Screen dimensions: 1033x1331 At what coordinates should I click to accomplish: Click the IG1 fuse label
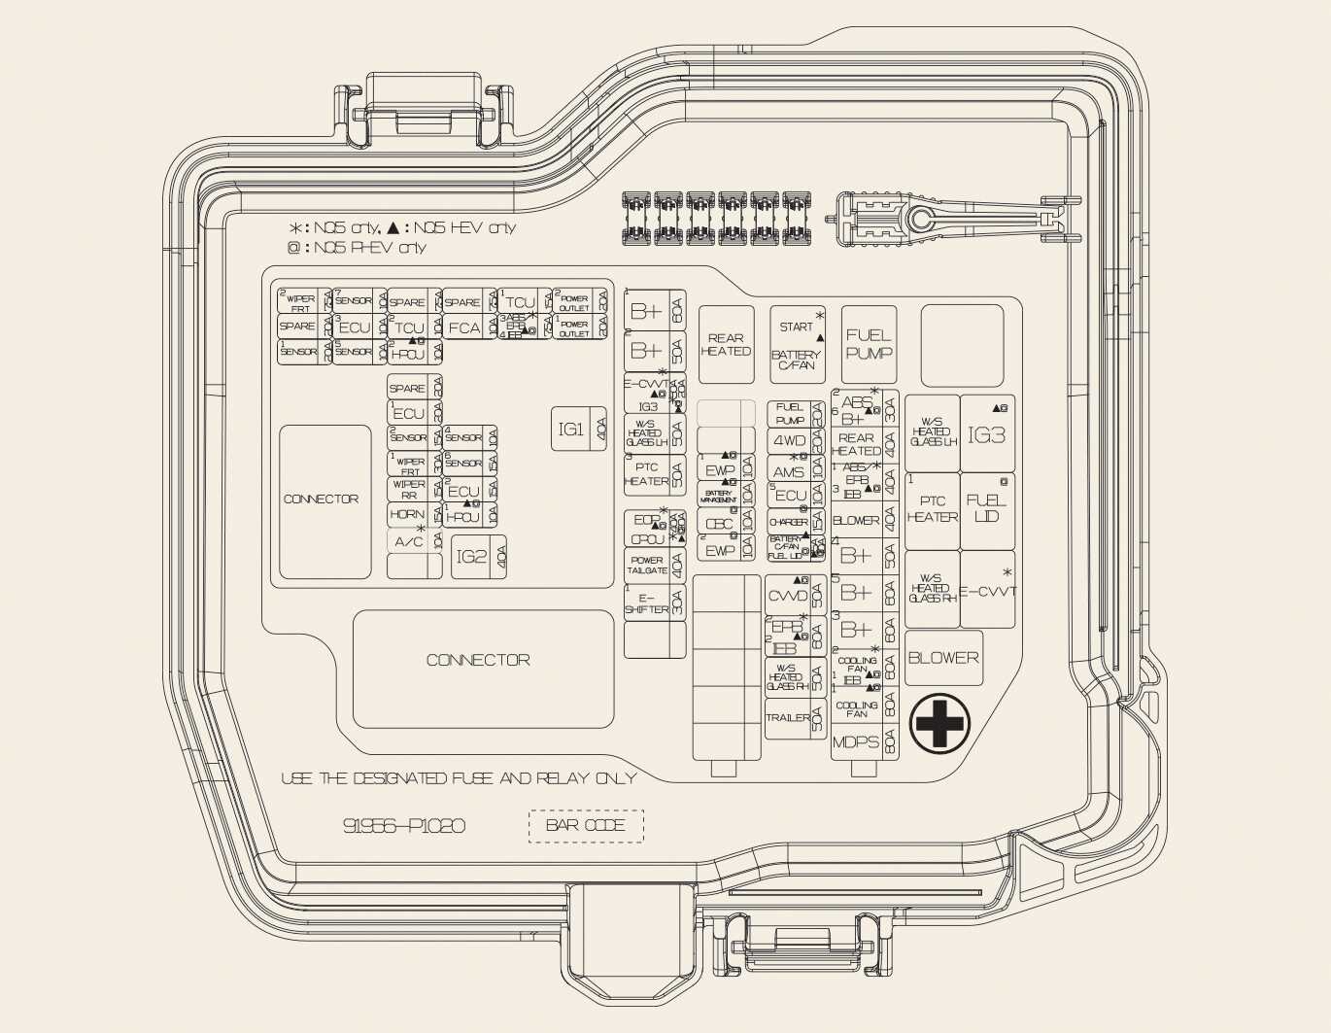click(570, 429)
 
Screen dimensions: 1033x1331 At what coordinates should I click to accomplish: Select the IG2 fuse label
click(471, 557)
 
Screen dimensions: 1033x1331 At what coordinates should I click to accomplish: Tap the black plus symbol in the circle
click(939, 722)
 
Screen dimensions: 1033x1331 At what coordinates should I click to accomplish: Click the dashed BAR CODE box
click(586, 825)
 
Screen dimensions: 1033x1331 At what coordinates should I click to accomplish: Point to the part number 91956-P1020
click(404, 826)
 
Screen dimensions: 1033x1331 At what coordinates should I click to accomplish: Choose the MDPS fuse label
click(856, 742)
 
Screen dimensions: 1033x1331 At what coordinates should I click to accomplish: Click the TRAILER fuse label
click(788, 718)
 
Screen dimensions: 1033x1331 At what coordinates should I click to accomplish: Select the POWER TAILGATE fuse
click(647, 566)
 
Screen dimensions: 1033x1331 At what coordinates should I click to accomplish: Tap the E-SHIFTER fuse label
click(646, 603)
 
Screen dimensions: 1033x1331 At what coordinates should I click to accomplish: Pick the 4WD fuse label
click(790, 441)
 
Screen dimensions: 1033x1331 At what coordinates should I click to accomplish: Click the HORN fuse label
click(407, 514)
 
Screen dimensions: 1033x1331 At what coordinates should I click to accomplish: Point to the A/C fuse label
click(408, 541)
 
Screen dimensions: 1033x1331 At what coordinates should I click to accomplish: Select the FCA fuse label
click(464, 328)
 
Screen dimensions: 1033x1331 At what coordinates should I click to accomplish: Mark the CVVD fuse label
click(787, 596)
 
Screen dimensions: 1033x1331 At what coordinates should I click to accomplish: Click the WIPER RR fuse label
click(408, 489)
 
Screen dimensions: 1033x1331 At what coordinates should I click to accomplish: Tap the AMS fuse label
click(789, 472)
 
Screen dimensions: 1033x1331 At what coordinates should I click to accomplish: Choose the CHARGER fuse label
click(788, 523)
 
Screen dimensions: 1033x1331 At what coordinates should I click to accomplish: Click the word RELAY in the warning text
click(560, 778)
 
